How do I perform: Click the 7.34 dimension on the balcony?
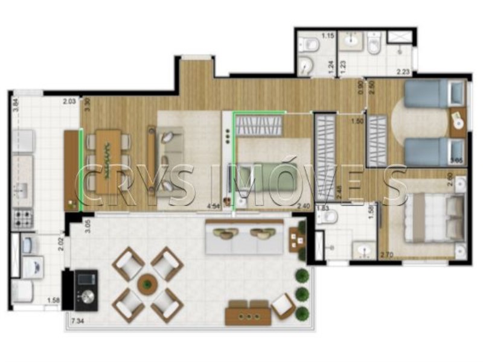tap(78, 320)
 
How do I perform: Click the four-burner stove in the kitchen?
tap(23, 217)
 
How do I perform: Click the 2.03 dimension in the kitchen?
tap(70, 103)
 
